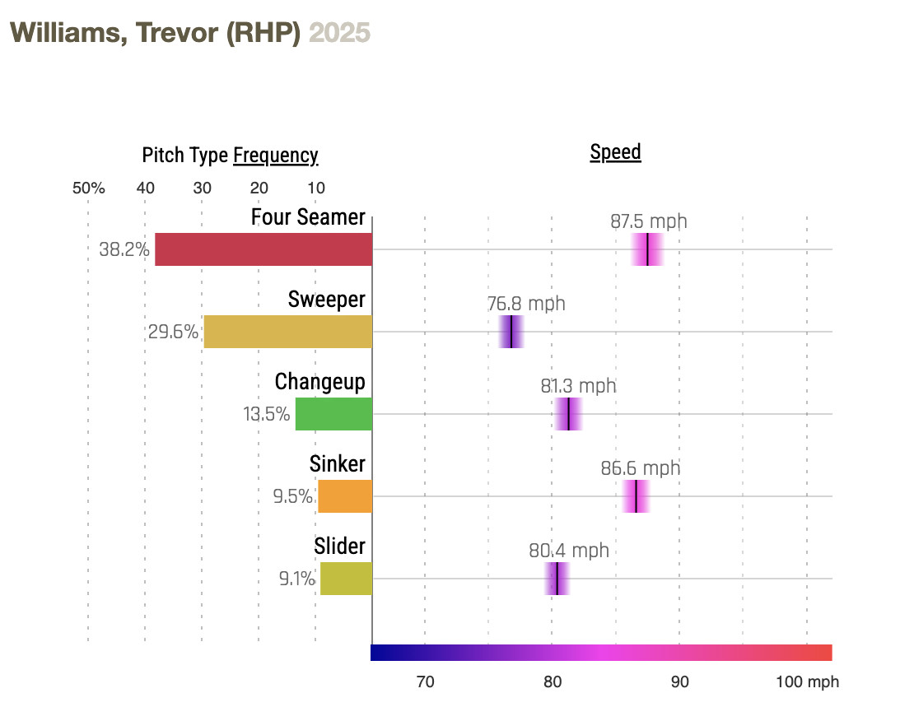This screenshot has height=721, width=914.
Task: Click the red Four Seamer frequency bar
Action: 263,249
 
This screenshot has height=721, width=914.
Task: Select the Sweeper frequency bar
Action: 287,332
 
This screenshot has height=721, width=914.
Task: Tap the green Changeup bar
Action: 333,414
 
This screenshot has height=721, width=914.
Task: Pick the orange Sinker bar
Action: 345,496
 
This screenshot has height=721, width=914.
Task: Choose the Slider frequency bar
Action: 346,579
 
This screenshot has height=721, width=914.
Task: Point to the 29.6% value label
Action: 173,332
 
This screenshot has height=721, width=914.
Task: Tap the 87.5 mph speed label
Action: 648,221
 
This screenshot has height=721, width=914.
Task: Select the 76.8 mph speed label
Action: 526,304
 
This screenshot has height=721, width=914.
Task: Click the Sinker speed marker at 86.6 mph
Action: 636,496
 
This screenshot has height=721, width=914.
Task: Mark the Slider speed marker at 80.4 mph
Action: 557,579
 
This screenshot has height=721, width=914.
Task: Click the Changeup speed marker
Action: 569,414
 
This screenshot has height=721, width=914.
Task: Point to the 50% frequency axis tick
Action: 89,188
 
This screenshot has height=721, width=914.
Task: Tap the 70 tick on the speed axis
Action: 425,682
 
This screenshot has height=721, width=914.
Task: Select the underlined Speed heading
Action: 615,152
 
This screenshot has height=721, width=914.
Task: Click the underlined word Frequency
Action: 276,156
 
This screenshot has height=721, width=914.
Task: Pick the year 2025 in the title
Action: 339,32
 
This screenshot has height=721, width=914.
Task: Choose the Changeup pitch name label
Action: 319,382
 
